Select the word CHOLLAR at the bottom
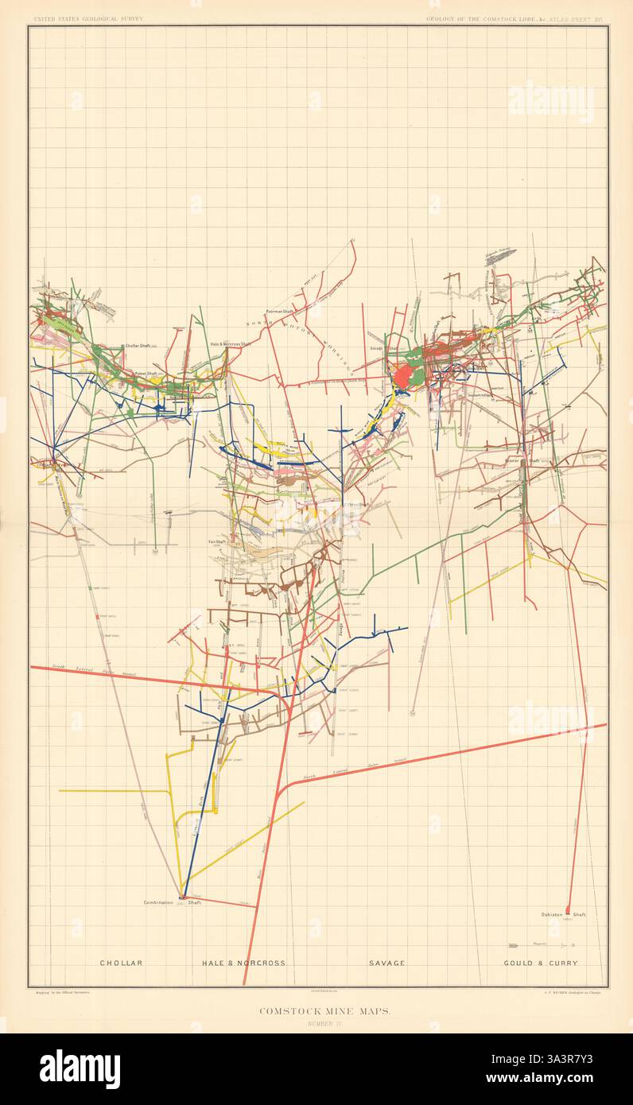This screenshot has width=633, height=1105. [121, 963]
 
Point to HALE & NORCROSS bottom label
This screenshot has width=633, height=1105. [243, 963]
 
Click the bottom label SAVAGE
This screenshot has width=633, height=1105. [386, 963]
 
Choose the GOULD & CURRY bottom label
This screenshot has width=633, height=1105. [541, 963]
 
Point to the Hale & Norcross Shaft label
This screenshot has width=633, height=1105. [230, 343]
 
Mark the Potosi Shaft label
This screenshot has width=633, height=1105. [148, 373]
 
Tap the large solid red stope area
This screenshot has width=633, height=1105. [404, 374]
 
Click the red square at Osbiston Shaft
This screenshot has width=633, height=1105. [568, 910]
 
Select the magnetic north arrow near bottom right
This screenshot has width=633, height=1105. [541, 946]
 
